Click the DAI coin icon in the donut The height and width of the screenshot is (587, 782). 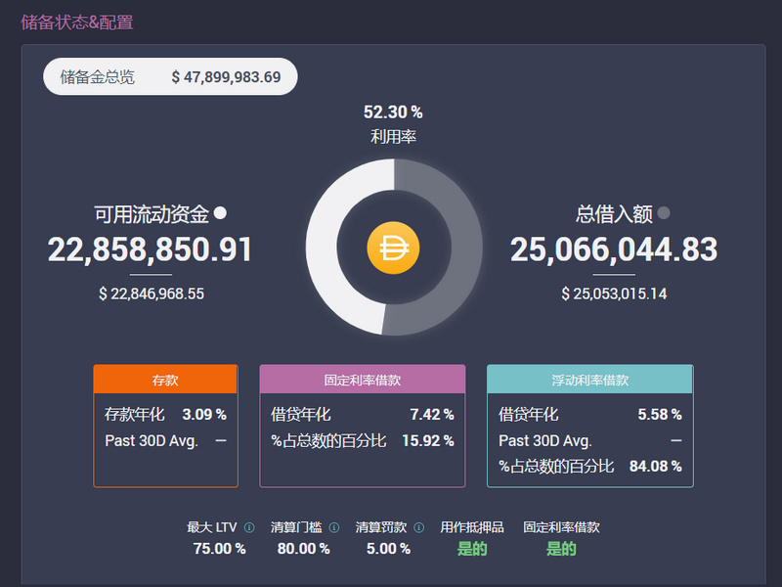pos(393,248)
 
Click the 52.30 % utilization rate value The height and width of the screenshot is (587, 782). pos(393,113)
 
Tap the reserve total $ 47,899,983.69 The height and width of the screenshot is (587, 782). pos(226,77)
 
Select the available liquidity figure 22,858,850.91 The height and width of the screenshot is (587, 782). pos(150,249)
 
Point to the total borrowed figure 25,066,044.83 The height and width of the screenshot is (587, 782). pos(614,249)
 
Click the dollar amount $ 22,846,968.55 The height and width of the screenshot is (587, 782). pos(152,293)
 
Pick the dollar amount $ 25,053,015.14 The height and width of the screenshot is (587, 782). pos(614,293)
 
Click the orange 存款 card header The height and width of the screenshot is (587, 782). pos(165,380)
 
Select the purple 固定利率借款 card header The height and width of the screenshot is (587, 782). pos(362,380)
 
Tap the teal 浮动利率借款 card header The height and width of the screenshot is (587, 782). pos(589,380)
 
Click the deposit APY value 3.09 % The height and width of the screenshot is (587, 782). pos(204,415)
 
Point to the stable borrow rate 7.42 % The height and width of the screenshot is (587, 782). pos(432,415)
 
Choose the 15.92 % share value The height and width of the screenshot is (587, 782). pos(427,441)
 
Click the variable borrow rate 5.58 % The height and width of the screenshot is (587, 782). pos(660,415)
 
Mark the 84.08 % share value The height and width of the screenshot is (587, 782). pos(655,467)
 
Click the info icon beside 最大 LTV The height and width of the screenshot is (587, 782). pos(249,527)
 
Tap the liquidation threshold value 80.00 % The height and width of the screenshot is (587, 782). pos(303,549)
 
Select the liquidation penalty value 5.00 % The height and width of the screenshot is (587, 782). pos(388,549)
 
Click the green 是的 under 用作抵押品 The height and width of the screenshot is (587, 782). pos(472,549)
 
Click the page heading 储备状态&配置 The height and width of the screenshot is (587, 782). pos(77,23)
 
